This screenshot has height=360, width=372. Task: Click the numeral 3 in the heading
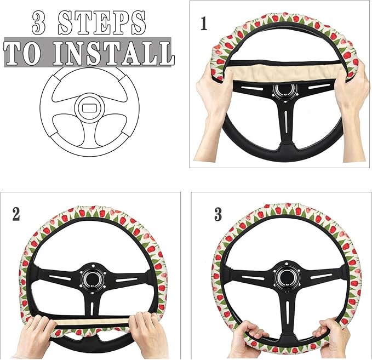[x=39, y=22]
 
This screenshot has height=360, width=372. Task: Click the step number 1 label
[x=204, y=25]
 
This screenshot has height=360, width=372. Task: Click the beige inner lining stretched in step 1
[x=285, y=72]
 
